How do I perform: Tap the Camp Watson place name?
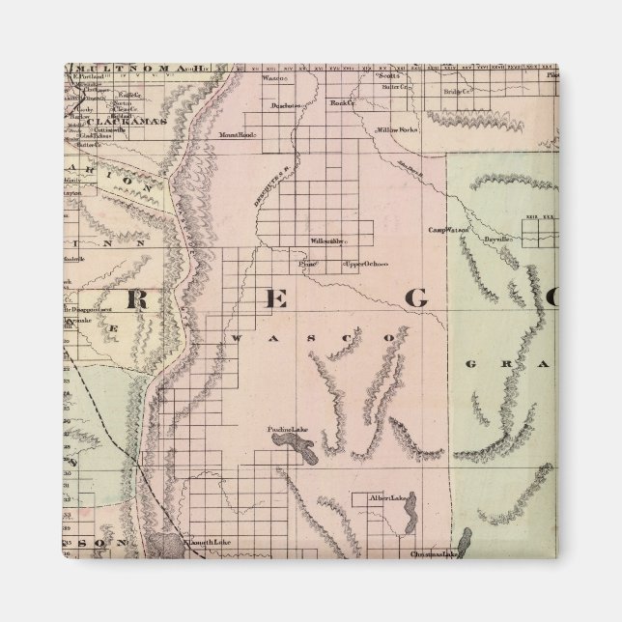(448, 231)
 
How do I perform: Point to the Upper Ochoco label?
(367, 264)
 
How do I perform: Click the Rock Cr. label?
(342, 102)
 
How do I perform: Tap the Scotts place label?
(387, 74)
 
